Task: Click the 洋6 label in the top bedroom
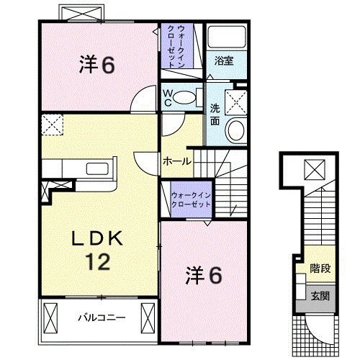coord(96,65)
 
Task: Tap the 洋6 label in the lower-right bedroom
coord(205,275)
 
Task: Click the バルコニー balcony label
coord(102,317)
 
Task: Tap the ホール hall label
coord(177,161)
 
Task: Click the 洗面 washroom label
coord(215,114)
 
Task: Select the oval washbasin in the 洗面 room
coord(234,130)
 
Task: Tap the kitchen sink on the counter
coord(97,171)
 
